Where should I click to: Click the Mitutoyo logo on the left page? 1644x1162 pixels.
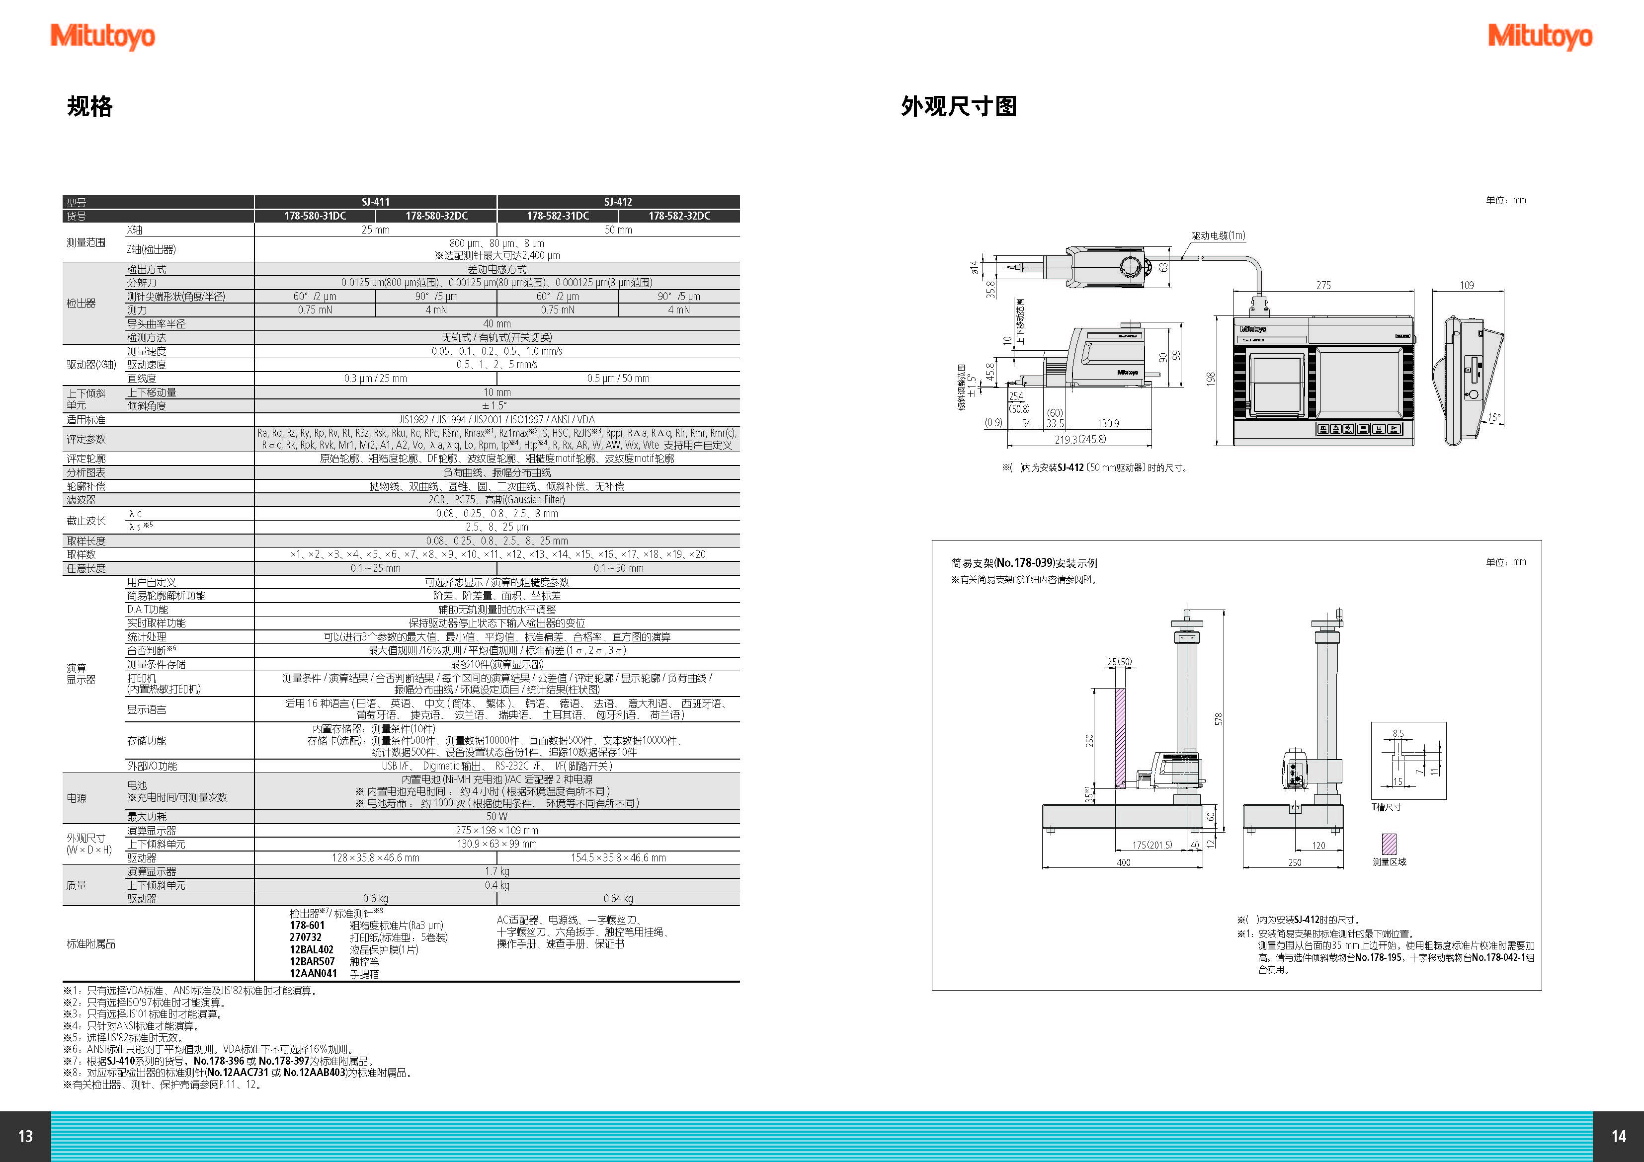[102, 36]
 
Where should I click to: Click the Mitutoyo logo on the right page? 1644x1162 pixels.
[1540, 36]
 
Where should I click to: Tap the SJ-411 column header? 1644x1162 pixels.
[376, 202]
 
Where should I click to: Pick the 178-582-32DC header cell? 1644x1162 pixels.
[679, 216]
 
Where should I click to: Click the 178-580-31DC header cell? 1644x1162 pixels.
[315, 216]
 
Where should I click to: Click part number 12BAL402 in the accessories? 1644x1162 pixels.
[312, 949]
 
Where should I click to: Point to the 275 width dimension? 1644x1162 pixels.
[1323, 285]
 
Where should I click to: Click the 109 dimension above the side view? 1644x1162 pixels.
[1467, 285]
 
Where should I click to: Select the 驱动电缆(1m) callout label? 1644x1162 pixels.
[1218, 235]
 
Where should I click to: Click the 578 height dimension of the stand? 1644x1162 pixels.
[1219, 719]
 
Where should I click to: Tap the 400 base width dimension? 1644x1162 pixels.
[1124, 863]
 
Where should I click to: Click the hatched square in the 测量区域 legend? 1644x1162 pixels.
[1389, 844]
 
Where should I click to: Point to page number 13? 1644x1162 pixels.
[25, 1136]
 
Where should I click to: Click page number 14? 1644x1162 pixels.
[1618, 1136]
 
